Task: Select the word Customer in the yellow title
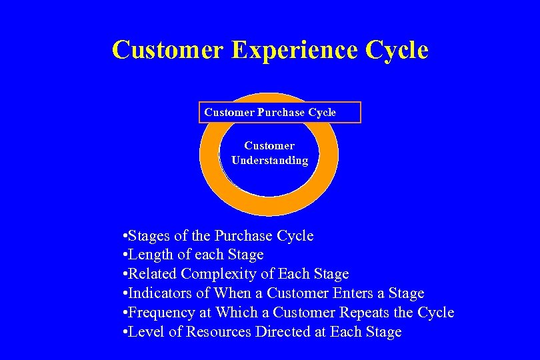168,51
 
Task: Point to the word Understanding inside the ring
269,161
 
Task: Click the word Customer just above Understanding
269,145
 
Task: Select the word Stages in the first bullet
149,236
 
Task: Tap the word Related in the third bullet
153,274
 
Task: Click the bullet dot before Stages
125,237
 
